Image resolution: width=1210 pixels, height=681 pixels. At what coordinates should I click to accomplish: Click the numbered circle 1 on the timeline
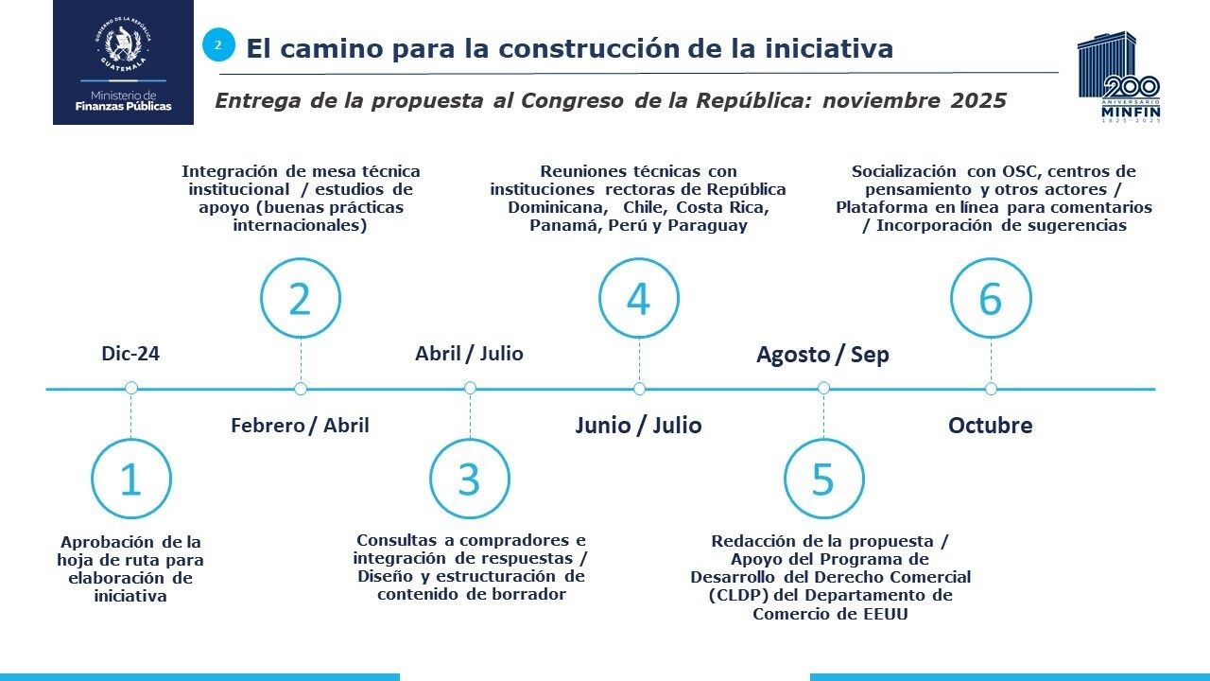click(x=130, y=479)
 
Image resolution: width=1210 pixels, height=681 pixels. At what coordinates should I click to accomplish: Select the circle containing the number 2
click(x=301, y=298)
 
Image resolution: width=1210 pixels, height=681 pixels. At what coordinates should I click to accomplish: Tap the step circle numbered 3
click(x=470, y=479)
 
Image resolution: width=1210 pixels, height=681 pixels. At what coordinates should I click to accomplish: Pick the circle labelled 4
click(x=639, y=298)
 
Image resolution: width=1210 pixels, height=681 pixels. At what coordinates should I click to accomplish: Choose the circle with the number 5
click(x=823, y=479)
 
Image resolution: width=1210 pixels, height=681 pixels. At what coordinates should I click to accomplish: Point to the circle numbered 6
click(x=991, y=298)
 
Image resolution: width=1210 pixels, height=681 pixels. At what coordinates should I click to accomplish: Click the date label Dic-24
click(x=130, y=354)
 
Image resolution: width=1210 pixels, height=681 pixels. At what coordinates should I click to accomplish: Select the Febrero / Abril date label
click(x=300, y=426)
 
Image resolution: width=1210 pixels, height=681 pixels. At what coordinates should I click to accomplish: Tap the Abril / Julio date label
click(x=469, y=354)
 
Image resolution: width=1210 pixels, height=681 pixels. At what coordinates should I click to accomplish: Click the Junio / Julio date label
click(x=638, y=426)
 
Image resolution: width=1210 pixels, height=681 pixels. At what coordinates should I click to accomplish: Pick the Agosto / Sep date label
click(x=822, y=355)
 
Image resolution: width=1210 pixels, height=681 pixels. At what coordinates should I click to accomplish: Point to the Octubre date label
click(x=990, y=426)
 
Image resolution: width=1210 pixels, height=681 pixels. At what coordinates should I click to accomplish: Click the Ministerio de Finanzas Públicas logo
click(x=123, y=62)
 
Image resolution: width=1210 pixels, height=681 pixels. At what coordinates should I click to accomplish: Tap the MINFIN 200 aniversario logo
click(x=1119, y=79)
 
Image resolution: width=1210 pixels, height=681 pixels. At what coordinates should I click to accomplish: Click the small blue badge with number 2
click(x=218, y=44)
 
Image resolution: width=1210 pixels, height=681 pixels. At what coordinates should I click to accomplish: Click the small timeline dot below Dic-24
click(x=131, y=388)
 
